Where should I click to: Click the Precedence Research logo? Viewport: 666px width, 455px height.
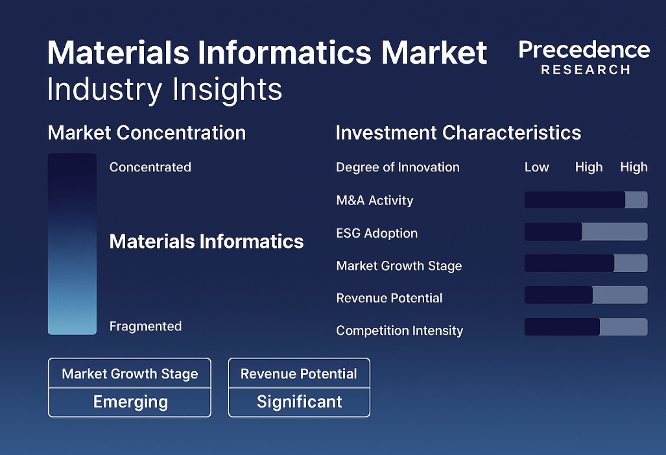[x=584, y=57]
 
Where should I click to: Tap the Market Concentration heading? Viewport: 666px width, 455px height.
[x=147, y=132]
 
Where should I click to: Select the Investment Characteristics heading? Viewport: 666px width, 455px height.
[x=458, y=132]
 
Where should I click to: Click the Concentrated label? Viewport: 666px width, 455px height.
[x=150, y=167]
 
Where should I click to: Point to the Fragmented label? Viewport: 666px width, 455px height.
[x=146, y=326]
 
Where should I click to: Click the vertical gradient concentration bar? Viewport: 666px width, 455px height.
[x=72, y=244]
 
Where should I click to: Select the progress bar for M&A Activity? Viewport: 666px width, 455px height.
[x=586, y=200]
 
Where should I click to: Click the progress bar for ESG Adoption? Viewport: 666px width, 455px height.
[x=586, y=232]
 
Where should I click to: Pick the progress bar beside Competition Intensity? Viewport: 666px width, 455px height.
[x=586, y=327]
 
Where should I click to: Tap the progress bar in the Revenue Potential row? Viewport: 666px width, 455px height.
[x=586, y=295]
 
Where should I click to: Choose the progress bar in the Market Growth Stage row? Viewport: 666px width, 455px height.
[x=586, y=264]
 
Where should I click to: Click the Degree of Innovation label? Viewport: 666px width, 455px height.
[x=398, y=167]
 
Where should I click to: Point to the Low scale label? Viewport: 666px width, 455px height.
[x=537, y=167]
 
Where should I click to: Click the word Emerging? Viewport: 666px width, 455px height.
[x=130, y=402]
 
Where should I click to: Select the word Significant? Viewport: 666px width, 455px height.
[x=300, y=402]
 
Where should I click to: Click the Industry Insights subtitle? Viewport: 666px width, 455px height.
[x=164, y=90]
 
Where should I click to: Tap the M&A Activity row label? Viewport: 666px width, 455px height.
[x=375, y=201]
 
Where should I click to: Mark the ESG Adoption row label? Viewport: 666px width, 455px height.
[x=377, y=233]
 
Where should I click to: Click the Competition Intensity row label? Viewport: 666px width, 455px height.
[x=399, y=330]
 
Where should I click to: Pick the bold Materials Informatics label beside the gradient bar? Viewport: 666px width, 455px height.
[x=206, y=241]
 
